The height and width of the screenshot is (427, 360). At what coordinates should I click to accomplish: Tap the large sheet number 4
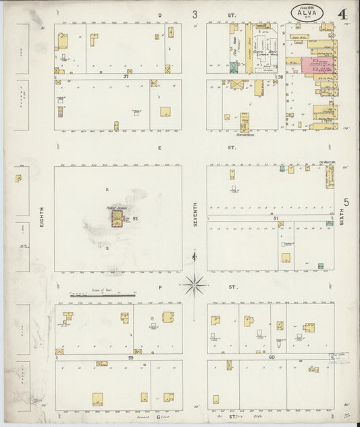click(344, 14)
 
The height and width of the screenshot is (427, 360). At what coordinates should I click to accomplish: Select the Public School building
click(118, 218)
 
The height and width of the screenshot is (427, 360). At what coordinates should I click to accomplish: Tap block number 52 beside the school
click(135, 218)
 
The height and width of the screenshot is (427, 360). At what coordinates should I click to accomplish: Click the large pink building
click(315, 65)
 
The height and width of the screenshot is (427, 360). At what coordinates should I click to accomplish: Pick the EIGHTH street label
click(41, 220)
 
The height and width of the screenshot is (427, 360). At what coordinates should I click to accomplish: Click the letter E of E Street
click(160, 147)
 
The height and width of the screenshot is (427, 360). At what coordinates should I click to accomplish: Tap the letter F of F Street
click(160, 287)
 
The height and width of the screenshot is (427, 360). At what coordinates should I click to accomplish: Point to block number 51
click(276, 217)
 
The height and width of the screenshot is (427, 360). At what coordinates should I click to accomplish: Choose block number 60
click(272, 356)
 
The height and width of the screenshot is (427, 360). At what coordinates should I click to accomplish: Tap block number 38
click(279, 77)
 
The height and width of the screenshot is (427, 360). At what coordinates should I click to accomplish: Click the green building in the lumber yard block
click(234, 68)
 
